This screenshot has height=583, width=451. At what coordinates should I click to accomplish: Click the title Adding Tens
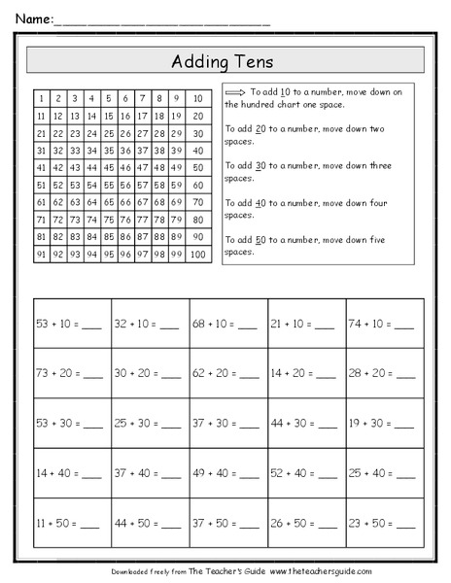pos(225,61)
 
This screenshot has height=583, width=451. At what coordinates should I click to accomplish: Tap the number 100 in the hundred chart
pos(197,254)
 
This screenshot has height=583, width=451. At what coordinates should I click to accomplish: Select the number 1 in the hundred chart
pos(41,98)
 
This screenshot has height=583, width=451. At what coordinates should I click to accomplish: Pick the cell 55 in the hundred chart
pos(110,185)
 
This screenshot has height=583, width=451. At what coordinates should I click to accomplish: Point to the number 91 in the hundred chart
pos(41,254)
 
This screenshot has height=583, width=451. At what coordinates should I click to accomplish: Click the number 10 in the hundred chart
pos(197,98)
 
